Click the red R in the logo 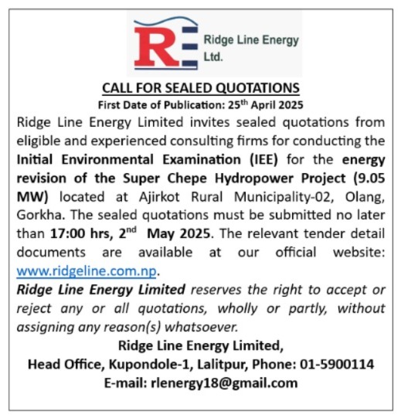[151, 47]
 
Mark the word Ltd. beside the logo [212, 56]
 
